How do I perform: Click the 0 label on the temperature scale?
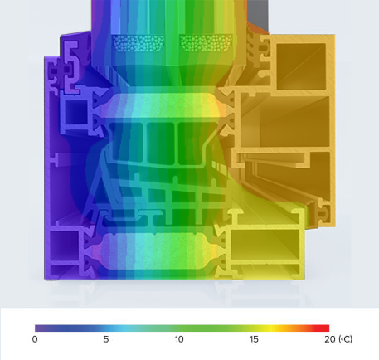(x=35, y=339)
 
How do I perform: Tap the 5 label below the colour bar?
(x=106, y=339)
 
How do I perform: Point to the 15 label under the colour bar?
(x=254, y=339)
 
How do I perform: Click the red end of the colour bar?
(x=326, y=328)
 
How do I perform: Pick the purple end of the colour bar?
(x=38, y=328)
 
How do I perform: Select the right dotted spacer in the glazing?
(x=203, y=41)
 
